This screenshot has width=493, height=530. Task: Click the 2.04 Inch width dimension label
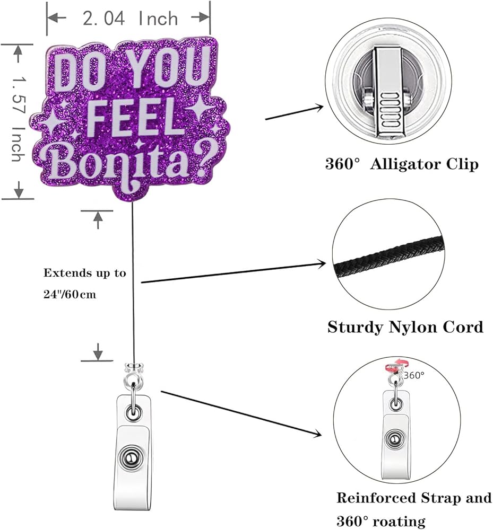[130, 18]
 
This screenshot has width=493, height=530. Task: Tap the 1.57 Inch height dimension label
[19, 119]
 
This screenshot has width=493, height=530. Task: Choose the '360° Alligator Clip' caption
[402, 164]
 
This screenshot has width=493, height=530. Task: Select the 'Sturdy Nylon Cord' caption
[405, 327]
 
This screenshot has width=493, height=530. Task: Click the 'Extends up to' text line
[84, 273]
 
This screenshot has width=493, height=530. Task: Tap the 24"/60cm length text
[70, 294]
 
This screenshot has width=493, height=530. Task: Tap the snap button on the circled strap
[394, 439]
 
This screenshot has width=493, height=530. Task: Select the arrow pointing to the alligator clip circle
[294, 112]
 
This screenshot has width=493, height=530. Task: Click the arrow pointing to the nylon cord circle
[233, 272]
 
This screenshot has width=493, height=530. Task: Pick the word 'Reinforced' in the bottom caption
[376, 498]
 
